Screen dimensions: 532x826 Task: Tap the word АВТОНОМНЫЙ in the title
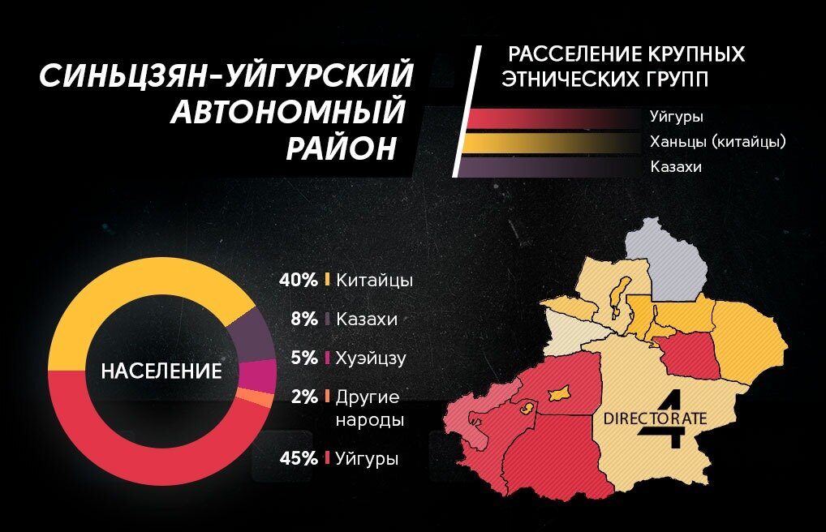288,112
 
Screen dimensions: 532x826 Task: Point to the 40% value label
298,280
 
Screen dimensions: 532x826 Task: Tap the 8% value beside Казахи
303,319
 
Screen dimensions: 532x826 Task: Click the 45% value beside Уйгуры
298,459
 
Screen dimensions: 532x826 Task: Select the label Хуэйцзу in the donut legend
371,358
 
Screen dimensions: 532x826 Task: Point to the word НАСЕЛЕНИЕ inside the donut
161,371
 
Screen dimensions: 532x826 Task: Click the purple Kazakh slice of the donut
253,333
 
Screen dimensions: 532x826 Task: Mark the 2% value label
303,397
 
